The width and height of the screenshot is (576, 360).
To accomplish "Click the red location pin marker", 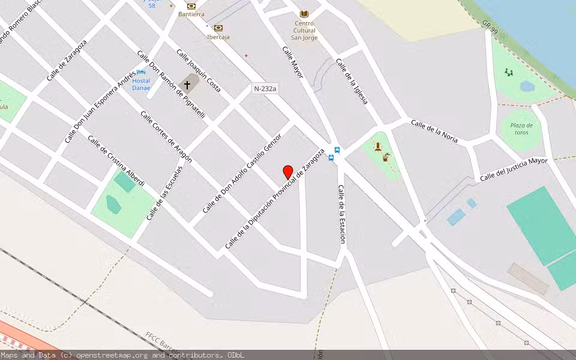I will tap(288, 172).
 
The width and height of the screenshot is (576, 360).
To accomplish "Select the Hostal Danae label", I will tap(141, 84).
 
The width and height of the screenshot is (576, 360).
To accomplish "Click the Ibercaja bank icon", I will tap(218, 28).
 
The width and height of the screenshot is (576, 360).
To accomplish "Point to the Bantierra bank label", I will tap(191, 14).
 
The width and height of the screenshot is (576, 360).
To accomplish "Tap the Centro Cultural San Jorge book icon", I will tap(304, 14).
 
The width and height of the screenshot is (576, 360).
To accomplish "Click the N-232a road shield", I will tap(265, 89).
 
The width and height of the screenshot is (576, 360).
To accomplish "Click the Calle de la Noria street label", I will tap(434, 131).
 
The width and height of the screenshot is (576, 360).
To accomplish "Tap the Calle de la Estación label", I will tap(341, 214).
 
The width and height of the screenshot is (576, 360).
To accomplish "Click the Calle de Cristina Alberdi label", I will tap(116, 161).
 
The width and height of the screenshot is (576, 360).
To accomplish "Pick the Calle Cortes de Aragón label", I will tap(166, 137).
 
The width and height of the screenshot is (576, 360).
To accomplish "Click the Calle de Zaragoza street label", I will tap(67, 60).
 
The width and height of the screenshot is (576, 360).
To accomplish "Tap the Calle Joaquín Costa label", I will tap(199, 70).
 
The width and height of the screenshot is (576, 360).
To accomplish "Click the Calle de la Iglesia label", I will tap(352, 81).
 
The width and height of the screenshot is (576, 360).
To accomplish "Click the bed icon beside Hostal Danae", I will tap(140, 73).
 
